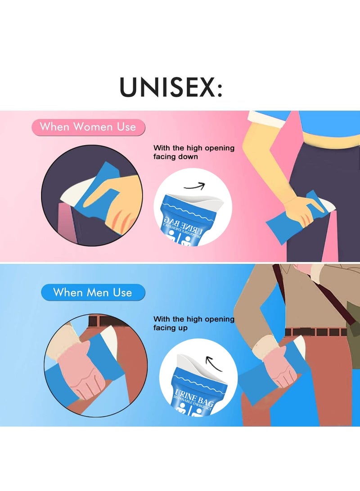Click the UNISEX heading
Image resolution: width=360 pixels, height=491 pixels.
point(170,87)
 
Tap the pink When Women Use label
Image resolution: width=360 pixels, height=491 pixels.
point(88,127)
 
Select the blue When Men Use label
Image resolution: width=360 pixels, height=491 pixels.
point(93,293)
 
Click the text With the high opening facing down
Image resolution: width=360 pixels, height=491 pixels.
point(193,152)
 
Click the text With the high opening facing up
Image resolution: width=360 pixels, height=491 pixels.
point(193,323)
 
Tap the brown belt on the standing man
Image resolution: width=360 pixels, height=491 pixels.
point(315,332)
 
